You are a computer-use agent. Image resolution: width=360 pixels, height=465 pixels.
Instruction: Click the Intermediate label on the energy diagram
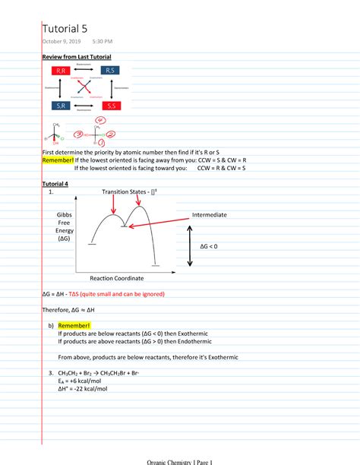[210, 215]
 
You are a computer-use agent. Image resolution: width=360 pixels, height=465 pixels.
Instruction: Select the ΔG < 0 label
[213, 247]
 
